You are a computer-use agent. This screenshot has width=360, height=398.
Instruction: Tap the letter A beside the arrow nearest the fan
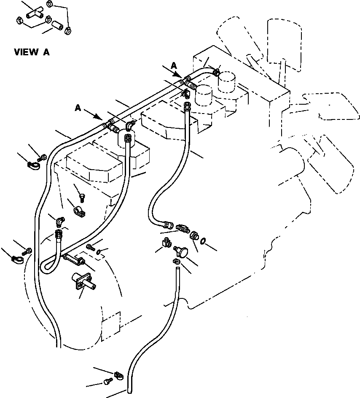tap(174, 65)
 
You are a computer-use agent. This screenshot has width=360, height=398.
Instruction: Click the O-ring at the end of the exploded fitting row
tap(204, 241)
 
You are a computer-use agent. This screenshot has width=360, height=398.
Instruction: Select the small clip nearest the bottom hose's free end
tap(119, 374)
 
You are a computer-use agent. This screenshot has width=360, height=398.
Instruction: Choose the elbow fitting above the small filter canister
tap(129, 125)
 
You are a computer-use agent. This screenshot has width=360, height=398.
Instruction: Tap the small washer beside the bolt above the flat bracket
tap(99, 252)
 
